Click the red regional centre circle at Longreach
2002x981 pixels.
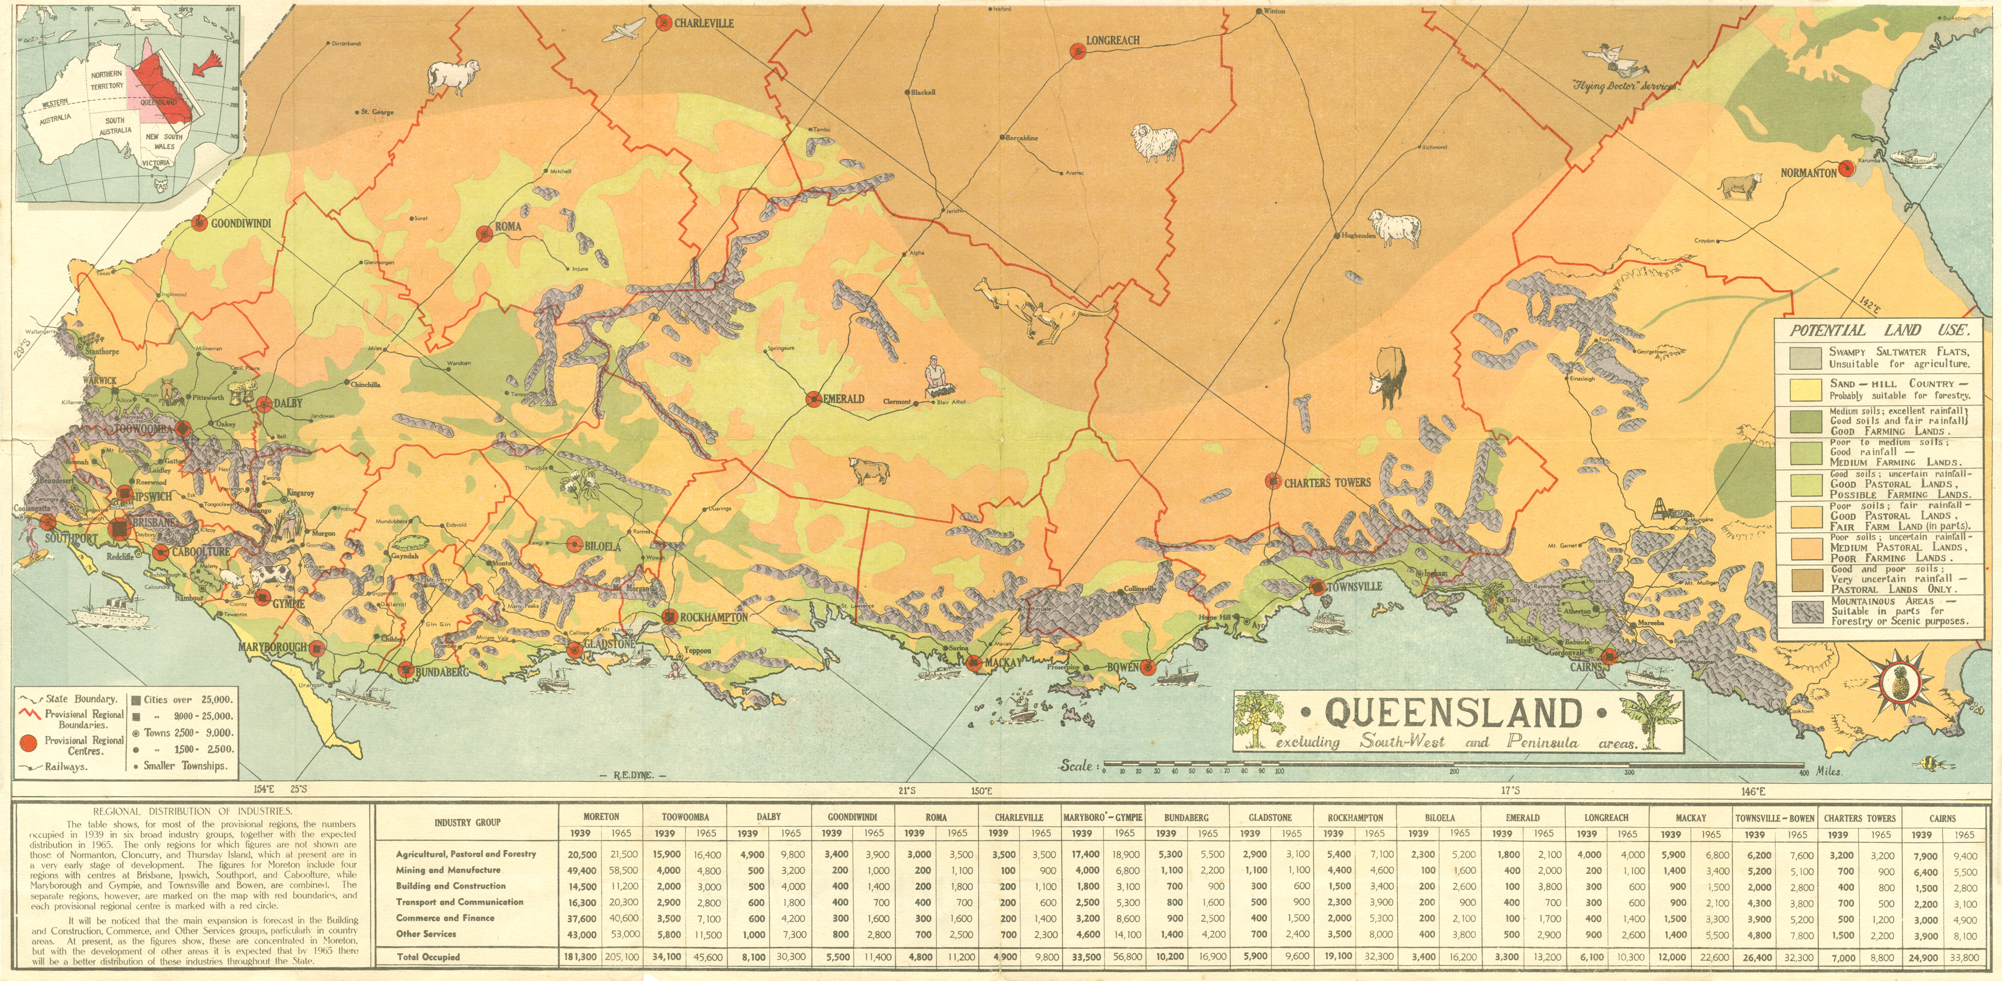click(1078, 51)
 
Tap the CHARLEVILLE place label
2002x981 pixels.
click(703, 24)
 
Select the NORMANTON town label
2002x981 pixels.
click(1808, 173)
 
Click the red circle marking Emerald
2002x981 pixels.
click(813, 399)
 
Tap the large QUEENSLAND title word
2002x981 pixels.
click(1453, 711)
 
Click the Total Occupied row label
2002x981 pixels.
click(428, 957)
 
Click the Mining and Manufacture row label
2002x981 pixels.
click(447, 870)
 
